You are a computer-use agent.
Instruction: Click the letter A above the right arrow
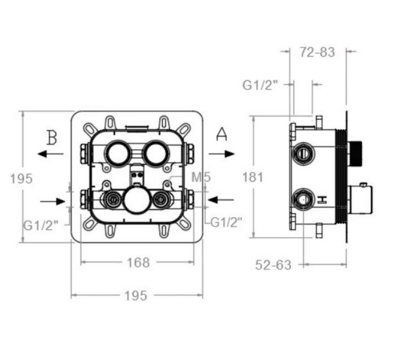tap(221, 134)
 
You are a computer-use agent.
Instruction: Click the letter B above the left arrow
tap(52, 138)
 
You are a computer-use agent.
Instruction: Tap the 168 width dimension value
tap(138, 263)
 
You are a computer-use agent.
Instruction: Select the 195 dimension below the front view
tap(136, 296)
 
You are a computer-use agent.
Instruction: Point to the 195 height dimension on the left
tap(21, 179)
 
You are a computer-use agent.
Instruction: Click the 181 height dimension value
tap(253, 177)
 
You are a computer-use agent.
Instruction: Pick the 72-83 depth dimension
tap(317, 52)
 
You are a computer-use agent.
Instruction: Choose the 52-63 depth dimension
tap(273, 265)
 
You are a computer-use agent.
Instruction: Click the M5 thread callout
tap(201, 177)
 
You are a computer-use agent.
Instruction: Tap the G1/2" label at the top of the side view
tap(260, 85)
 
